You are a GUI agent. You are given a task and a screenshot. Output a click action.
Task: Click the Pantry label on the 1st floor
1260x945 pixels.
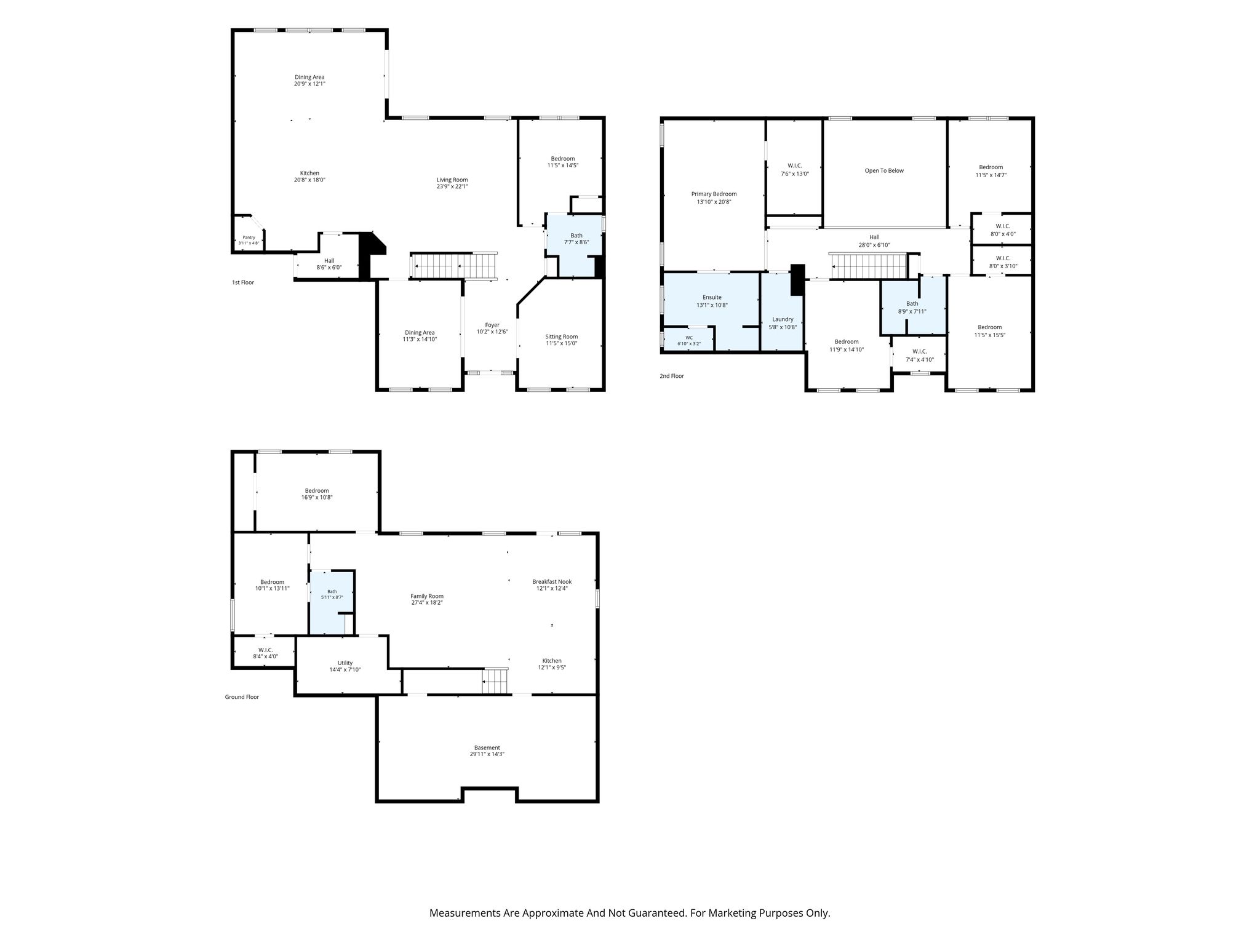pyautogui.click(x=249, y=237)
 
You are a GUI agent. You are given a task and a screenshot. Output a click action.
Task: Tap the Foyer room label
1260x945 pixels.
pyautogui.click(x=492, y=325)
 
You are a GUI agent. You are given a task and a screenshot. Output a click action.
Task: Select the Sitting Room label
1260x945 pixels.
pyautogui.click(x=562, y=337)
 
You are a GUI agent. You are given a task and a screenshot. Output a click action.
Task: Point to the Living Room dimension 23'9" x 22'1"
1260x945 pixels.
pyautogui.click(x=452, y=187)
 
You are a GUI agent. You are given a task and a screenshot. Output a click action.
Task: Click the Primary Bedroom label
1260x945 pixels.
pyautogui.click(x=714, y=194)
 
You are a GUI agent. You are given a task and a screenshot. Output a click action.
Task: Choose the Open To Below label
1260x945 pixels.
pyautogui.click(x=884, y=170)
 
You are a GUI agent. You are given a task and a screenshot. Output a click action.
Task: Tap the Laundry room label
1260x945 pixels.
pyautogui.click(x=783, y=319)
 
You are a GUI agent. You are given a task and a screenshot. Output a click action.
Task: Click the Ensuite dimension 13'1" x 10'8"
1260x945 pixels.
pyautogui.click(x=712, y=305)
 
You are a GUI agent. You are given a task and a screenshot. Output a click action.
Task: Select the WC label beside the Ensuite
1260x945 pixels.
pyautogui.click(x=689, y=337)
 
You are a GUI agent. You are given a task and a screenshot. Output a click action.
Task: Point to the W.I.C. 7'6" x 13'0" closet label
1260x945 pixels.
pyautogui.click(x=795, y=165)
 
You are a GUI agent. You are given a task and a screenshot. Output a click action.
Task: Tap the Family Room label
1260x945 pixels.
pyautogui.click(x=427, y=596)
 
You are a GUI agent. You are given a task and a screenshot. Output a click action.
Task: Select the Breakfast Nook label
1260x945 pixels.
pyautogui.click(x=552, y=581)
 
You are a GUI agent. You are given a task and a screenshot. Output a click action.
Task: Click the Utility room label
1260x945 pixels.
pyautogui.click(x=345, y=663)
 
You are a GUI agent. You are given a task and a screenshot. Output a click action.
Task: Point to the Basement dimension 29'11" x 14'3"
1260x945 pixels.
pyautogui.click(x=487, y=754)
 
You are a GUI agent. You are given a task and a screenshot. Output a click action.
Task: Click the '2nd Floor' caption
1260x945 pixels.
pyautogui.click(x=672, y=376)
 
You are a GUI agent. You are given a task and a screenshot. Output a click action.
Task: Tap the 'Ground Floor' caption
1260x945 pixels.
pyautogui.click(x=242, y=697)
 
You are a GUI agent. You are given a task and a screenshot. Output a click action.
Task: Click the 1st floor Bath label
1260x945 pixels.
pyautogui.click(x=576, y=235)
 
